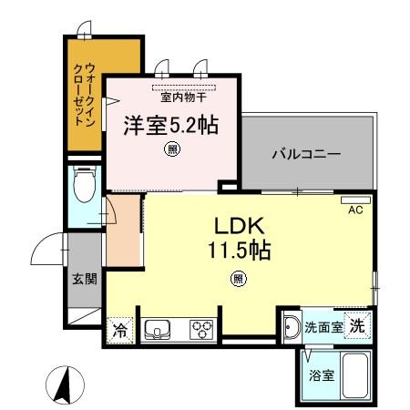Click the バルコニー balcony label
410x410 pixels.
(x=305, y=154)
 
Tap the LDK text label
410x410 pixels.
(x=239, y=225)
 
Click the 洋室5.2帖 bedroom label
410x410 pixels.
(x=171, y=124)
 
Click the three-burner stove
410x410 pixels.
(x=201, y=330)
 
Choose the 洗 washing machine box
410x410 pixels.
(x=360, y=325)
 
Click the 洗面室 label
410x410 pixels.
(x=323, y=327)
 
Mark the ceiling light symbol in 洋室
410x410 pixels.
(x=171, y=150)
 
